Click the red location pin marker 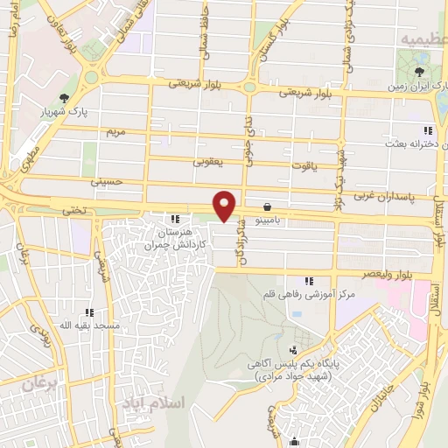click(x=225, y=206)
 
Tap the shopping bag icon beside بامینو click(x=267, y=207)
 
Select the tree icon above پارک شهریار click(x=63, y=98)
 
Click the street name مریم click(x=116, y=131)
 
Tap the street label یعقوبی click(x=208, y=161)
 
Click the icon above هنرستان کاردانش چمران click(x=176, y=219)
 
